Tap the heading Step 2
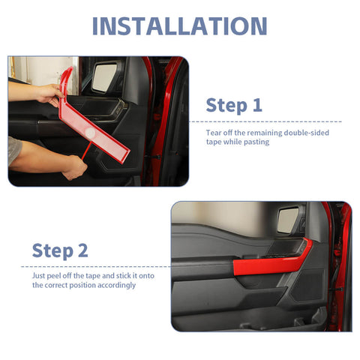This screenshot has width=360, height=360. (x=60, y=250)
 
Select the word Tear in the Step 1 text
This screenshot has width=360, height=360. (x=214, y=132)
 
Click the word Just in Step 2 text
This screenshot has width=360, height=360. (x=39, y=275)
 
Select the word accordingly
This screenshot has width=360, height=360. (x=115, y=285)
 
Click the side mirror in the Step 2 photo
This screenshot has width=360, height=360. (x=289, y=220)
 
